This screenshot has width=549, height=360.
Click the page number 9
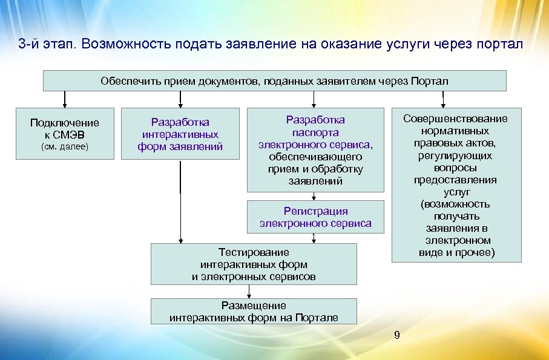tap(396, 335)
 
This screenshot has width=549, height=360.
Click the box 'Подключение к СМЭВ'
tap(65, 134)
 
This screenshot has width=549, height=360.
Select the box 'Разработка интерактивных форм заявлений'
tap(180, 134)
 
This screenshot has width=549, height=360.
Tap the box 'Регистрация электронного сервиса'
tap(315, 217)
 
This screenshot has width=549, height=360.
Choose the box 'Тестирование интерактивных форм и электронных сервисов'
tap(254, 264)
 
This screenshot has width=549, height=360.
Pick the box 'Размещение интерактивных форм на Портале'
tap(254, 311)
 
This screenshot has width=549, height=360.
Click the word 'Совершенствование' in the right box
tap(456, 119)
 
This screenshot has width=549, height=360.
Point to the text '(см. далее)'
tap(65, 146)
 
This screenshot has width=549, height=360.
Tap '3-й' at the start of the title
tap(30, 45)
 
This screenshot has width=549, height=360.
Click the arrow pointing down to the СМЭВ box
tap(65, 99)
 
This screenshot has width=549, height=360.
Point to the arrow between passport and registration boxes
tap(313, 196)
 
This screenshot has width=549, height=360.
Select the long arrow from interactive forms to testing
tap(180, 200)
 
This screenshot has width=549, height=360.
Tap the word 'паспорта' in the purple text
tap(315, 133)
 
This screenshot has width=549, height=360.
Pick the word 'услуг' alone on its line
tap(456, 192)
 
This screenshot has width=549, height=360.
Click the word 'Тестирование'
tap(254, 252)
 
